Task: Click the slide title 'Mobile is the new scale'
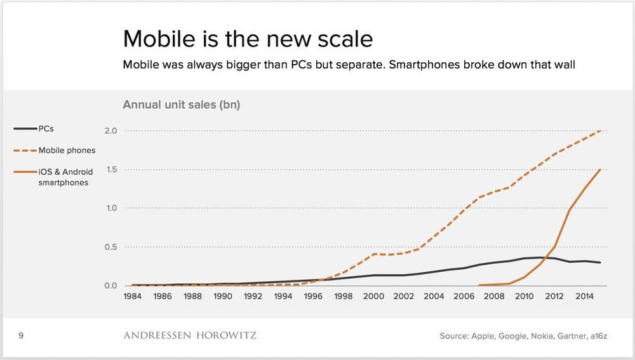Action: pyautogui.click(x=248, y=39)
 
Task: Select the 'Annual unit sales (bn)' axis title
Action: pyautogui.click(x=181, y=105)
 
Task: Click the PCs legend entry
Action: pyautogui.click(x=46, y=128)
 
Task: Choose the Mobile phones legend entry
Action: pyautogui.click(x=67, y=150)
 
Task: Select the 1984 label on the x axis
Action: pyautogui.click(x=133, y=296)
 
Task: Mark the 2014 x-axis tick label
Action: pyautogui.click(x=584, y=296)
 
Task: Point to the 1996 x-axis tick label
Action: pyautogui.click(x=313, y=296)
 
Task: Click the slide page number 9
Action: pyautogui.click(x=22, y=335)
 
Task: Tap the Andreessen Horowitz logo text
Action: pyautogui.click(x=190, y=335)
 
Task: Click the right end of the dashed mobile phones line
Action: pyautogui.click(x=600, y=131)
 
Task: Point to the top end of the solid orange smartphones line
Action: pyautogui.click(x=600, y=170)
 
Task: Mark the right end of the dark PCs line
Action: pyautogui.click(x=600, y=262)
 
